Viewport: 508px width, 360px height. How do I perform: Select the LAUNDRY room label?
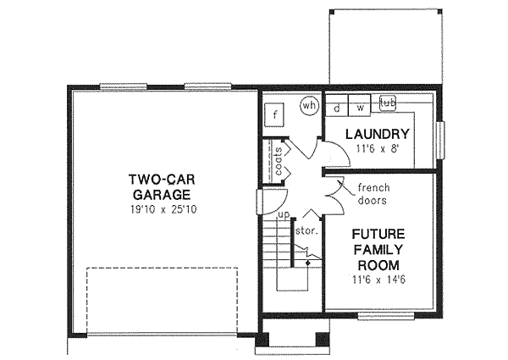tap(378, 135)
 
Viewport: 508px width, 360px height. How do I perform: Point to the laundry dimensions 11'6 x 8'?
tap(378, 149)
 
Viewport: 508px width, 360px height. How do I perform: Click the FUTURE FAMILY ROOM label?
tap(378, 250)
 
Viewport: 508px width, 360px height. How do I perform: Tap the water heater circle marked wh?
tap(309, 106)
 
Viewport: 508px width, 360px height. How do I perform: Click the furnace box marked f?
tap(274, 114)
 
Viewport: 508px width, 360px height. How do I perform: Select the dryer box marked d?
tap(336, 108)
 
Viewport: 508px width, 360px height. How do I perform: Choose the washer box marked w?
tap(360, 108)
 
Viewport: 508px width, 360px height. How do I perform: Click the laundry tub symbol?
tap(388, 103)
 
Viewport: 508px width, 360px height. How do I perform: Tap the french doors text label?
tap(372, 194)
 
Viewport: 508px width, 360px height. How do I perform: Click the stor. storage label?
tap(305, 230)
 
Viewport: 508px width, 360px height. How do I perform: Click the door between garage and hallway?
tap(262, 201)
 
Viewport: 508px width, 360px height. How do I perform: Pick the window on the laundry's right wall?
tap(439, 136)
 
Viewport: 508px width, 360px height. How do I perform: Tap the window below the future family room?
tap(386, 316)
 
